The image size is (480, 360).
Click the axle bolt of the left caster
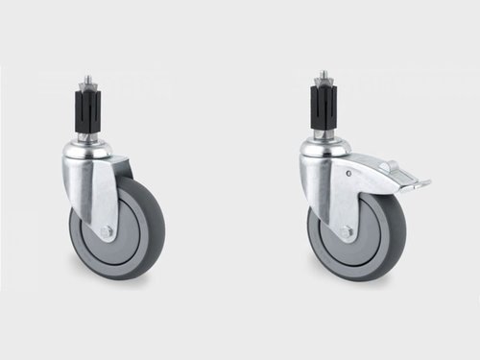pyautogui.click(x=107, y=232)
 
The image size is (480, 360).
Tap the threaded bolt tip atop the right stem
pyautogui.click(x=324, y=77)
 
